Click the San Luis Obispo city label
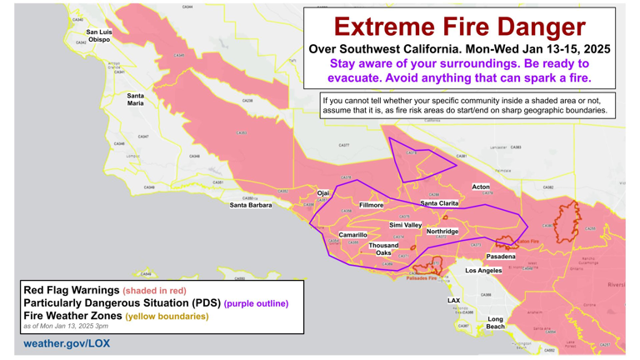tap(99, 36)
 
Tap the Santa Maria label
tap(135, 99)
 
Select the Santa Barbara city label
tap(251, 205)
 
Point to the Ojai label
tap(323, 193)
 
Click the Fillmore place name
tap(372, 205)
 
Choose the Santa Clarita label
tap(439, 203)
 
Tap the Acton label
tap(481, 187)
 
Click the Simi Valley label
tap(406, 226)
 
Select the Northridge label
tap(442, 232)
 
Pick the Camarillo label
tap(352, 235)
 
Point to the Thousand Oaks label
tap(383, 249)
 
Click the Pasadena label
tap(501, 257)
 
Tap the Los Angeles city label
tap(483, 271)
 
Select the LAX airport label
tap(453, 301)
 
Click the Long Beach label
tap(495, 322)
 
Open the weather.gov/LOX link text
tap(67, 343)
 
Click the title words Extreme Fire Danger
tap(459, 27)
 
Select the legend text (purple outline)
tap(256, 304)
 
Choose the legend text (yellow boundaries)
tap(167, 317)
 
